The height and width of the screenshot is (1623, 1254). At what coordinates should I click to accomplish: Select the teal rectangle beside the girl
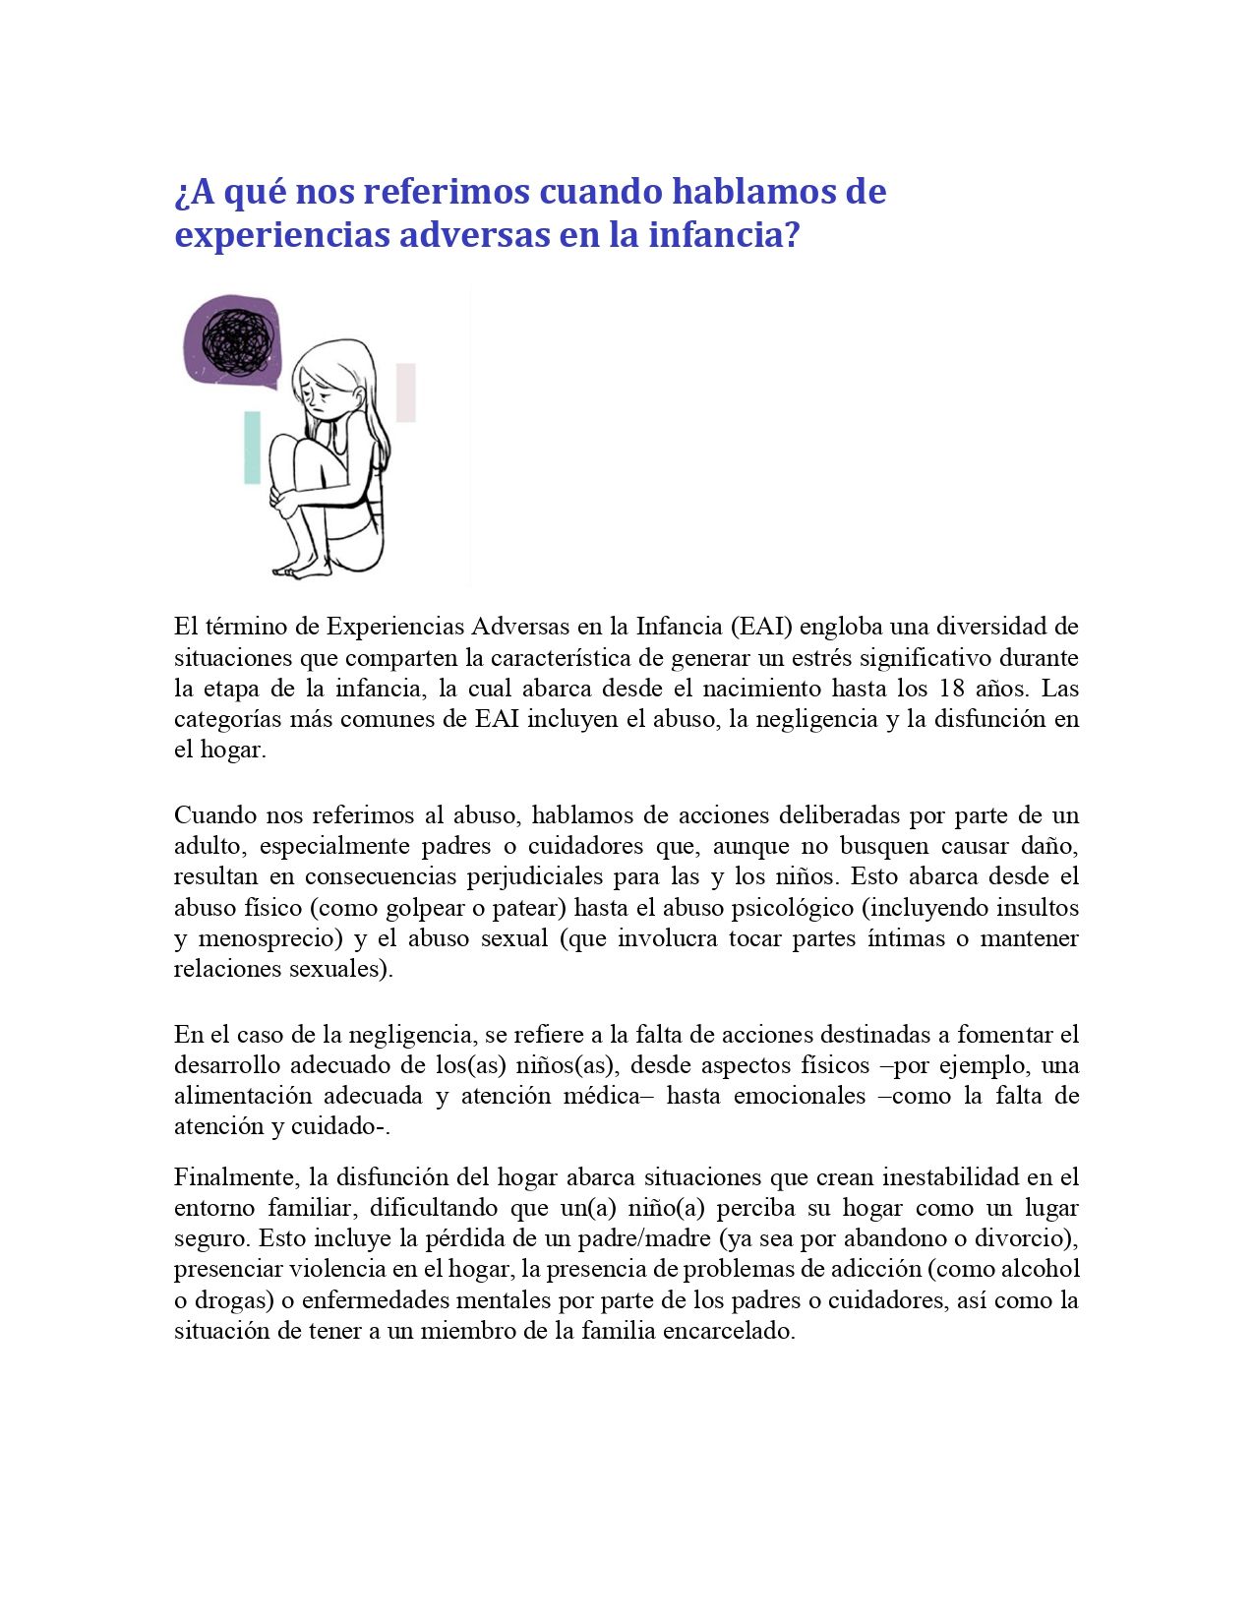(x=253, y=448)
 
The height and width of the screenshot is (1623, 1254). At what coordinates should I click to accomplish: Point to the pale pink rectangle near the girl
(x=406, y=392)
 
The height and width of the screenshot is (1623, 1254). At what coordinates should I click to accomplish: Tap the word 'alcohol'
(x=1040, y=1269)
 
